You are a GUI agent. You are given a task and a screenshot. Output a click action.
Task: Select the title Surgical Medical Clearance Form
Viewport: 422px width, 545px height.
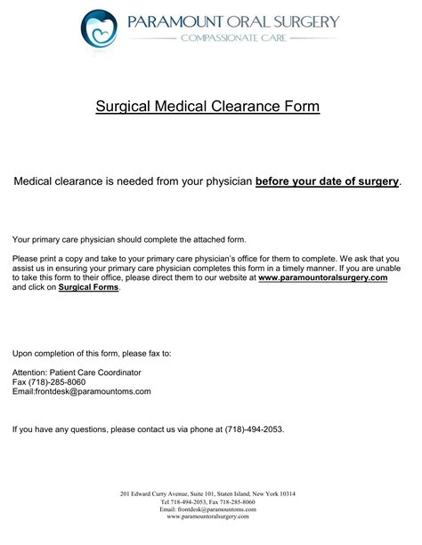pos(207,108)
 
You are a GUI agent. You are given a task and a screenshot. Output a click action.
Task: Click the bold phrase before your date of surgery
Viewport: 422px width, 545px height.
pos(327,181)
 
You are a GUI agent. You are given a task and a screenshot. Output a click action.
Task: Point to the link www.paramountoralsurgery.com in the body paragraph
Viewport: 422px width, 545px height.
pos(323,277)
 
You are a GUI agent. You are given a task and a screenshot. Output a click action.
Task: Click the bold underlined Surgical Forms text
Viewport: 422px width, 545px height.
pos(88,288)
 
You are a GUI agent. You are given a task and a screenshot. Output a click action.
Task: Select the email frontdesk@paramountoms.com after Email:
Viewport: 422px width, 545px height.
pos(93,391)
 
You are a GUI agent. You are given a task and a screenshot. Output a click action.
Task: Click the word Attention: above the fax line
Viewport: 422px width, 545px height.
pos(31,372)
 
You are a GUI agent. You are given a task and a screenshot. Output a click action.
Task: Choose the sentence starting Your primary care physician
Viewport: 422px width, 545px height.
pos(129,239)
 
